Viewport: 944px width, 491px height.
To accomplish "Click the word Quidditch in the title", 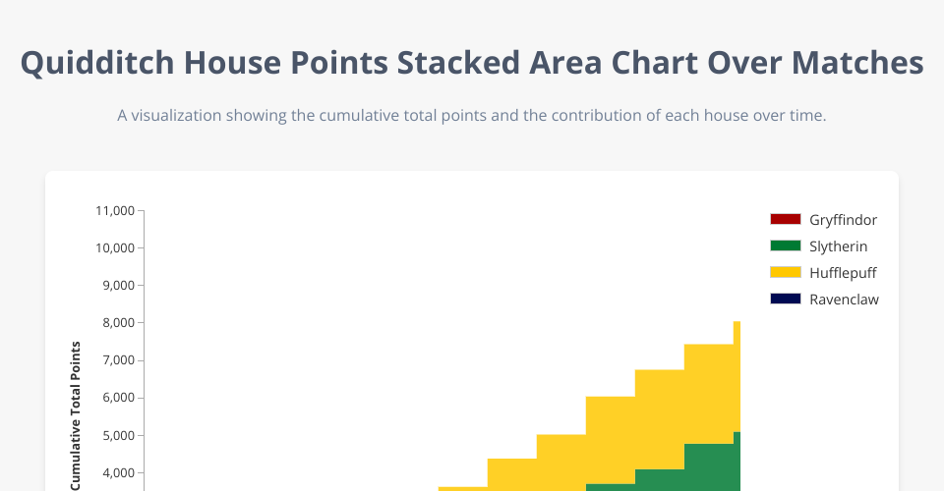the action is coord(97,63).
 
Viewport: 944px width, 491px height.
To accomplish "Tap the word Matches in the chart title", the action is coord(857,63).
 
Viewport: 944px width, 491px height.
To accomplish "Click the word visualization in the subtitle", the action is coord(176,116).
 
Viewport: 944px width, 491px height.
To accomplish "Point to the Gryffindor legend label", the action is coord(843,220).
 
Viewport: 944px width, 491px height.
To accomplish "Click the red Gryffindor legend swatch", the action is coord(786,219).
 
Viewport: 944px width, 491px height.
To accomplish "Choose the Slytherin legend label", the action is coord(838,246).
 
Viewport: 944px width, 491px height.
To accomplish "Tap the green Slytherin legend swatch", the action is coord(786,245).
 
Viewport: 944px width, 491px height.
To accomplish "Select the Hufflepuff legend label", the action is coord(843,273).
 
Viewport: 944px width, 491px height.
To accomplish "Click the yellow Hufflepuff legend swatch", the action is coord(786,272).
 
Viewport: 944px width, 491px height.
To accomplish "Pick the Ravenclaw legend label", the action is coord(844,300).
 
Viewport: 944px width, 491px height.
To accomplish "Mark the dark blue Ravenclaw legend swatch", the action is coord(786,299).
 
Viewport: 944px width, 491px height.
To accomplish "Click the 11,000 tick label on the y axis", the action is coord(114,210).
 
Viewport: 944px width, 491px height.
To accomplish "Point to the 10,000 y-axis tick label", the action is coord(114,247).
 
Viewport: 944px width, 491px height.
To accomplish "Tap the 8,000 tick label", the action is coord(117,323).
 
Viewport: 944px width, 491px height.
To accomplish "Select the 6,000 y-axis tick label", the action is coord(117,398).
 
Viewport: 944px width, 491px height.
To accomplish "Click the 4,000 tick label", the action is coord(117,473).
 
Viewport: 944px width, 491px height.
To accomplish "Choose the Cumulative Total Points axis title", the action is coord(76,416).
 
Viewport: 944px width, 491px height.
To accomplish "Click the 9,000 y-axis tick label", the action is coord(117,286).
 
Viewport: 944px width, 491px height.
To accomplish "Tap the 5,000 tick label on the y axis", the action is coord(117,435).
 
